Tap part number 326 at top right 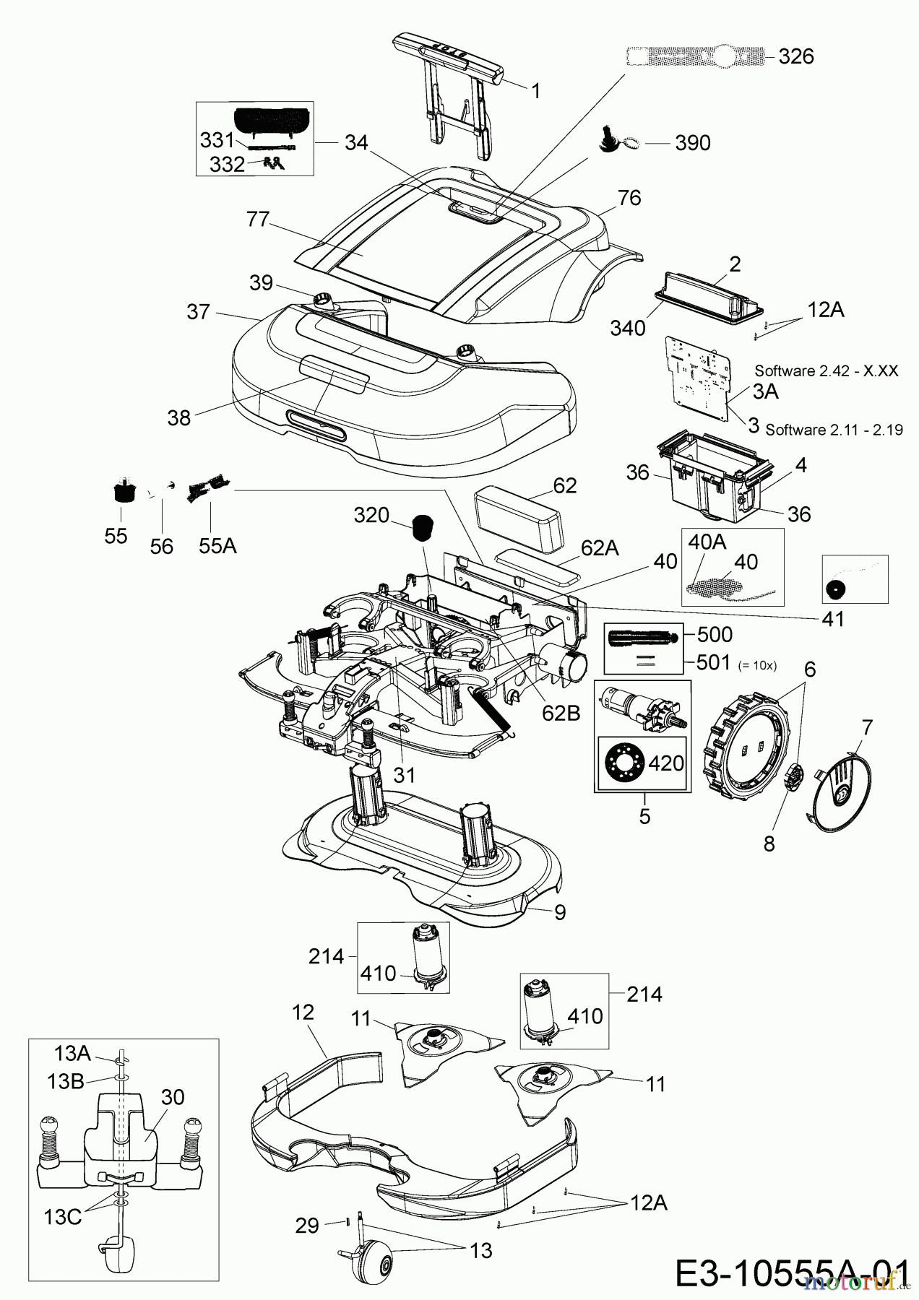(x=796, y=56)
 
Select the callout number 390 (x=692, y=143)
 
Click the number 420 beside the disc (x=666, y=763)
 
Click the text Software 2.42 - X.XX (x=827, y=370)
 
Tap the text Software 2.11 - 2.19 (x=834, y=430)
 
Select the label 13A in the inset (x=72, y=1053)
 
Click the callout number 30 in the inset (x=172, y=1097)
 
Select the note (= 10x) (x=756, y=665)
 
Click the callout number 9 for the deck (x=560, y=911)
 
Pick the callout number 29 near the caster (x=307, y=1226)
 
